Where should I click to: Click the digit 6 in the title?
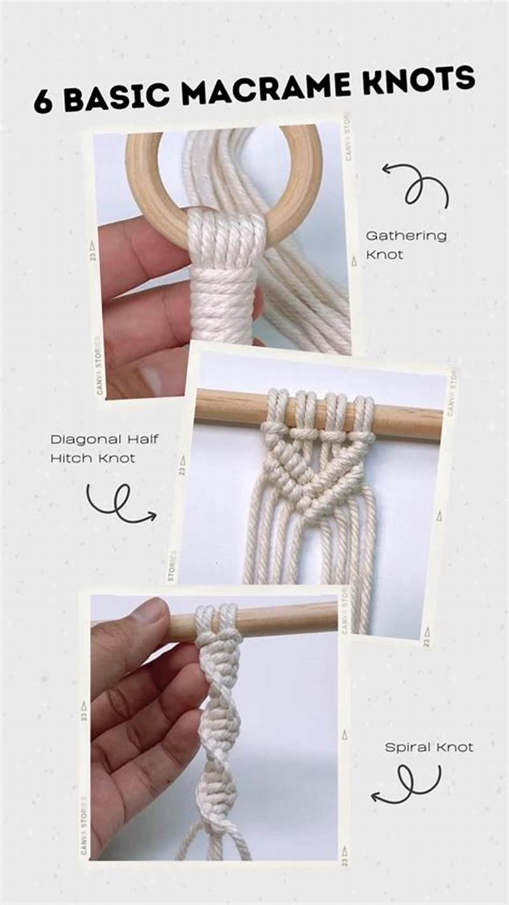click(x=43, y=102)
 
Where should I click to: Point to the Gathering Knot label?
click(x=405, y=245)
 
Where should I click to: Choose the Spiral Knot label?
click(x=429, y=747)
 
